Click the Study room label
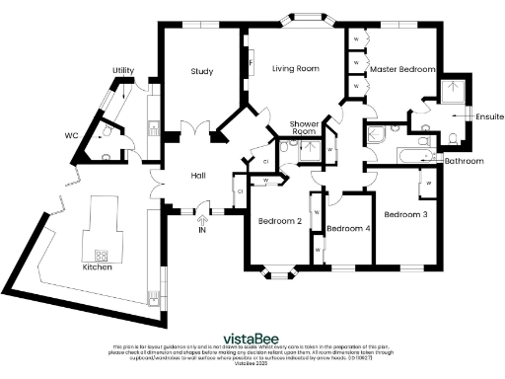(x=202, y=71)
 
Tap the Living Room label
(x=296, y=68)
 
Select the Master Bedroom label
(x=403, y=69)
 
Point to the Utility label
(x=123, y=70)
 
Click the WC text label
(x=71, y=135)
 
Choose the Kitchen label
(x=97, y=267)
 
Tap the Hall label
(x=198, y=176)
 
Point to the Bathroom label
(x=464, y=160)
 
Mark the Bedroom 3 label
(x=406, y=214)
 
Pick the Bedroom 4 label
(x=348, y=229)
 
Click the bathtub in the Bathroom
(x=406, y=155)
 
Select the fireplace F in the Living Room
(x=251, y=67)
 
